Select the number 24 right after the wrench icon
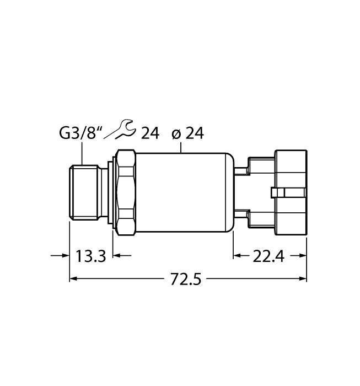coord(150,133)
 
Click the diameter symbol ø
coord(176,133)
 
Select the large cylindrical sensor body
coord(182,191)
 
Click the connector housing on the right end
coord(287,191)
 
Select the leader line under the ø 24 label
coord(182,146)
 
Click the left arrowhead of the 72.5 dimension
coord(73,279)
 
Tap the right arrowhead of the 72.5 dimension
coord(303,279)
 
